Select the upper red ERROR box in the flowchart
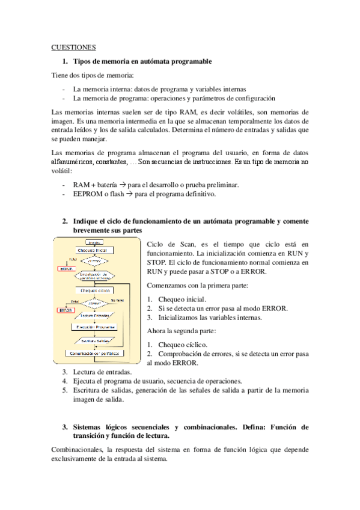66,268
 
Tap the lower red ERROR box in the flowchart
66,310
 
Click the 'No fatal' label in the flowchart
118,299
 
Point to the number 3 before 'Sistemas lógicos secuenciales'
65,427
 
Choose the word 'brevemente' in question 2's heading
93,230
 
